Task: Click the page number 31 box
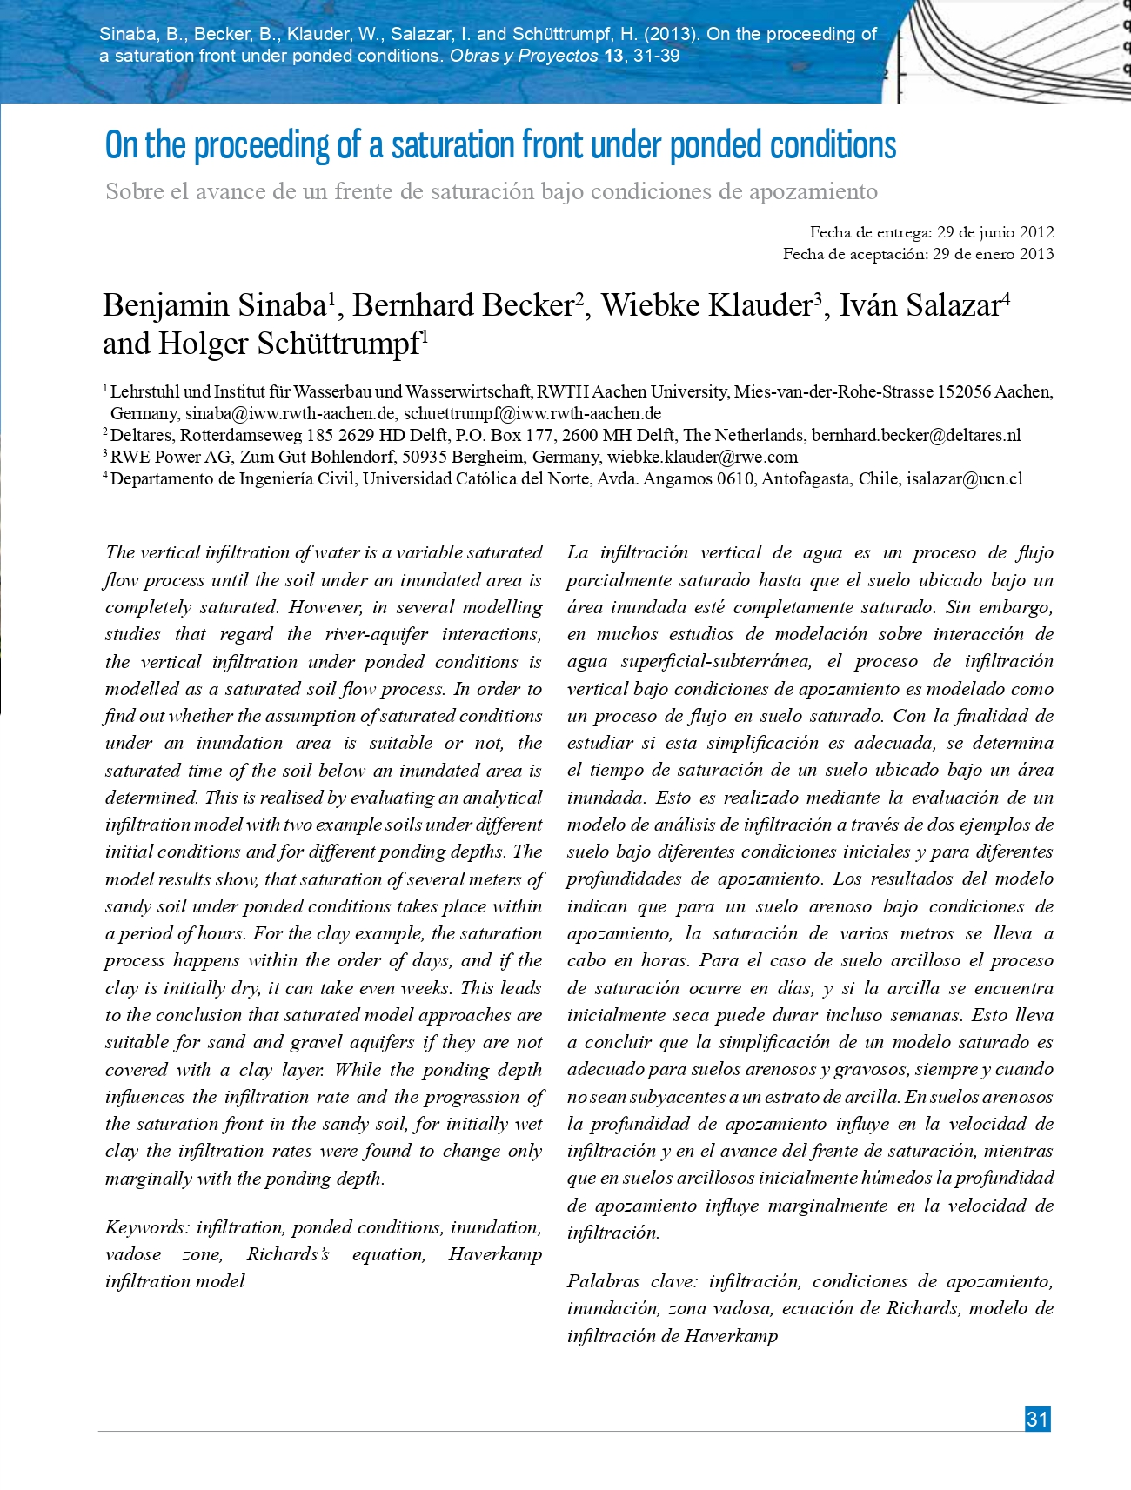coord(1037,1419)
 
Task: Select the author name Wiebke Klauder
coord(706,305)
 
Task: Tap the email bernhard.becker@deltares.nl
coord(916,435)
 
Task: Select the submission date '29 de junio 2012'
coord(993,232)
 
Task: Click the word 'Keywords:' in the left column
coord(147,1227)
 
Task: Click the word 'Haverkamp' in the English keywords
coord(495,1254)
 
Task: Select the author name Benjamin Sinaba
coord(214,305)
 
